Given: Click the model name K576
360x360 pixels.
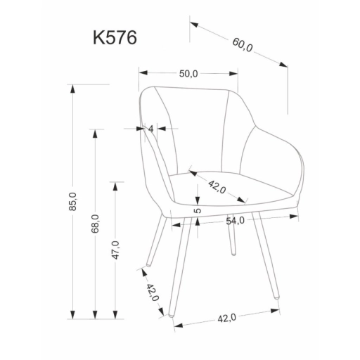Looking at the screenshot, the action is (115, 37).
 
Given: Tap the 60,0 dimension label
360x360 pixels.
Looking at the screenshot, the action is (243, 45).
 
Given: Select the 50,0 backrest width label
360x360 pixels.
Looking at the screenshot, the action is (188, 74).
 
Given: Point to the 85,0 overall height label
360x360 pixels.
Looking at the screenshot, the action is (73, 201).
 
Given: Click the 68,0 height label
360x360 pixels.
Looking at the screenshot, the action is (95, 224).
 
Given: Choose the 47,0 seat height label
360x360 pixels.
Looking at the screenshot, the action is (115, 250).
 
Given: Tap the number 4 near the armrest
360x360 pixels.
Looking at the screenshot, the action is (151, 129).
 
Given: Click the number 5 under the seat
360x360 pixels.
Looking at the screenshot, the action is (198, 210).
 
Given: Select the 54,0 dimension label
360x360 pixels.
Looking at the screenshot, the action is (235, 221).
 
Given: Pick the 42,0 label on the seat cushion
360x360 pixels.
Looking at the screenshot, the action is (217, 187).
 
